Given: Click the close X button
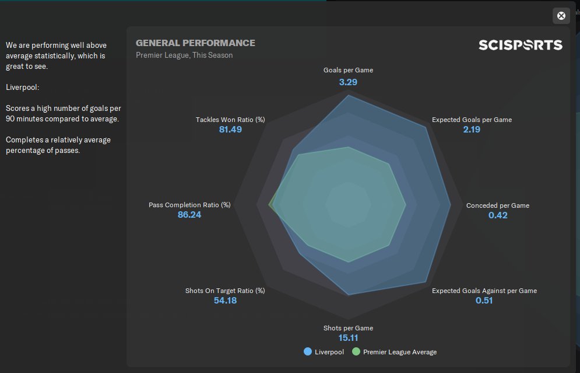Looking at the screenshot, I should point(561,16).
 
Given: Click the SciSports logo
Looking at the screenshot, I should point(520,45).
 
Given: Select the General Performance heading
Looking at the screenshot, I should point(195,43).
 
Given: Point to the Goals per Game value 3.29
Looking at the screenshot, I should point(348,82).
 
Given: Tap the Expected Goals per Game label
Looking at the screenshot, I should point(472,120).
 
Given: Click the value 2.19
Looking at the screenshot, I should point(472,130).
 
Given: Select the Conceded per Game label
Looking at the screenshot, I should point(498,205).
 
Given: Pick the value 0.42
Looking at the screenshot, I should point(498,215).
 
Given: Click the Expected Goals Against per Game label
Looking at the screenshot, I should point(484,291).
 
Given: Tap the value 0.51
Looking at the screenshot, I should point(484,301).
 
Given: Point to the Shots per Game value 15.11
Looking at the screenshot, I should point(348,338).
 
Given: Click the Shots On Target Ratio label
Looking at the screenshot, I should point(225,291).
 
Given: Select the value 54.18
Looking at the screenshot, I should point(225,301).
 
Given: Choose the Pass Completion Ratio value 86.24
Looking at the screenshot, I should point(189,215).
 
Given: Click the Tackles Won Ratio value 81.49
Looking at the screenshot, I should point(230,130).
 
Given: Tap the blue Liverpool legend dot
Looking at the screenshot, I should point(308,352).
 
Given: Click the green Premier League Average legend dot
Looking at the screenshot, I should point(356,352).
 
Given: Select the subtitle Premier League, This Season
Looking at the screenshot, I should point(184,55).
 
